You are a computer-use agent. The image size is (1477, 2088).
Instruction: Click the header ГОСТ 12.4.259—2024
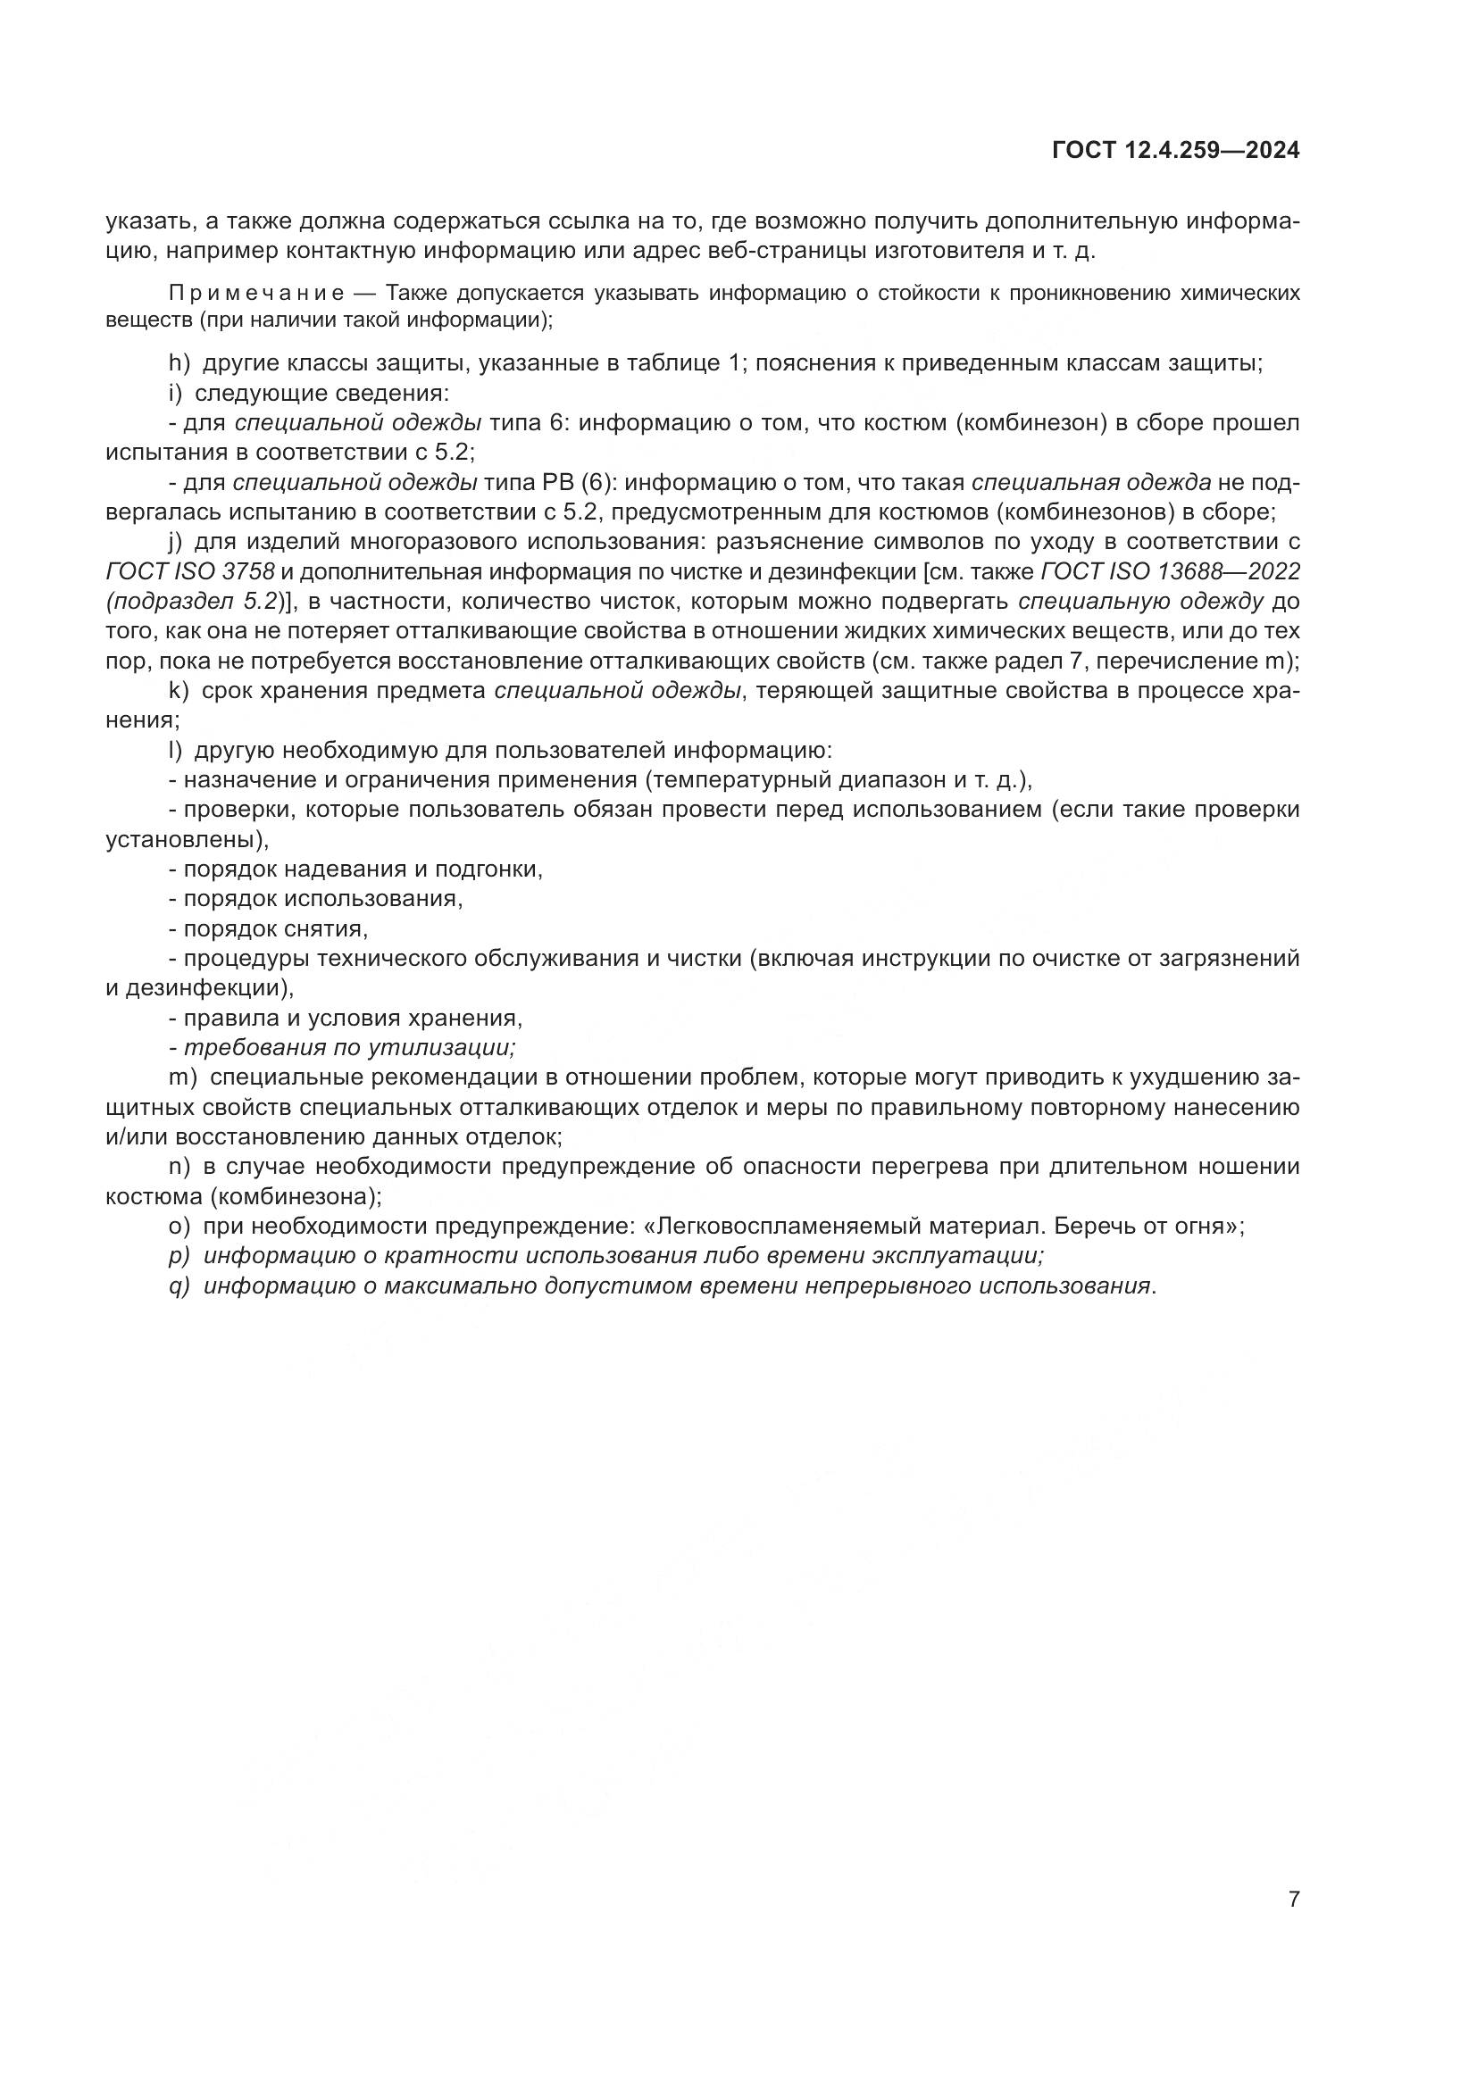click(x=1175, y=150)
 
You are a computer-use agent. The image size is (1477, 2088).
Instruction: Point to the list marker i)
click(x=177, y=393)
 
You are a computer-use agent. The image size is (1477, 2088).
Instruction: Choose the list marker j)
click(x=177, y=542)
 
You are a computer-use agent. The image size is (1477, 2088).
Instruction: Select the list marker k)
click(x=179, y=690)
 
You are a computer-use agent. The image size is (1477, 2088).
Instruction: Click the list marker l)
click(x=177, y=750)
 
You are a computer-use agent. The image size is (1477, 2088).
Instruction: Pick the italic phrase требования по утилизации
click(x=349, y=1048)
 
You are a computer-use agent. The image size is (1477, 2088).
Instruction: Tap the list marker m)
click(x=183, y=1077)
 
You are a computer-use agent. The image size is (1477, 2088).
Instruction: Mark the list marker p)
click(x=179, y=1256)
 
